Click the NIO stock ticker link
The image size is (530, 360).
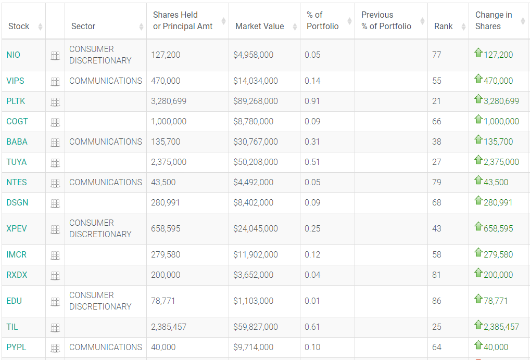point(14,55)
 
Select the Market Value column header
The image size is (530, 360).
point(259,26)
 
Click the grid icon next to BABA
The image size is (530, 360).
point(55,142)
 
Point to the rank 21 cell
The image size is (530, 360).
point(436,101)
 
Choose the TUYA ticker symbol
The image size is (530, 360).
point(17,162)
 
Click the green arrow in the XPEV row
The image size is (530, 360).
point(478,226)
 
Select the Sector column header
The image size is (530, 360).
point(83,26)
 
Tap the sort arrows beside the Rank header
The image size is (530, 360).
point(463,27)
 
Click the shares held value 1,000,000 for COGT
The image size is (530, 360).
point(169,121)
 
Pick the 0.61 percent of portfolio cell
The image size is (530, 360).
point(312,327)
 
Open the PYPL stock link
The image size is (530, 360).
point(17,347)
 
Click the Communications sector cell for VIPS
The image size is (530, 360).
point(105,81)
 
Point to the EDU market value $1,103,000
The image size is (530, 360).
point(253,301)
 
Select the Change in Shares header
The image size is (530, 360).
point(493,20)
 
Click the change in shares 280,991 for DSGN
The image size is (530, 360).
point(498,202)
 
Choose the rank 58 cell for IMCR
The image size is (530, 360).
point(436,254)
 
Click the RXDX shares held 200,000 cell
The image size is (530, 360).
point(165,275)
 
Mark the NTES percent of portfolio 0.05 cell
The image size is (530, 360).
point(312,182)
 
